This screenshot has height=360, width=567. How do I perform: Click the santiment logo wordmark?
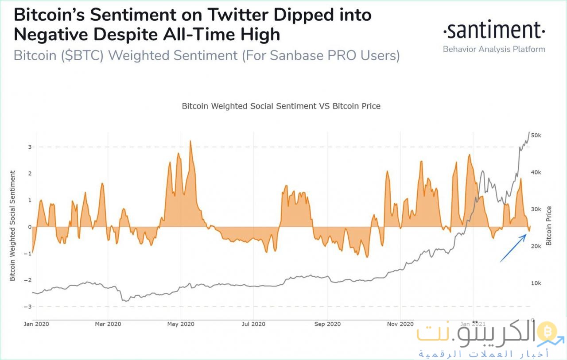pyautogui.click(x=494, y=31)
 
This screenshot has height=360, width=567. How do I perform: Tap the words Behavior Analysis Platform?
pyautogui.click(x=494, y=49)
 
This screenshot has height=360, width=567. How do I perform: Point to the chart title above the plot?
pyautogui.click(x=281, y=106)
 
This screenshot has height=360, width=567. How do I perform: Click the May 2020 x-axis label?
pyautogui.click(x=181, y=324)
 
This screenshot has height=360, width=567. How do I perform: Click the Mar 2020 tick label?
pyautogui.click(x=108, y=324)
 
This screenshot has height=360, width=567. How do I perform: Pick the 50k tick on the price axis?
pyautogui.click(x=536, y=135)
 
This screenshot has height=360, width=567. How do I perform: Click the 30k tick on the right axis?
pyautogui.click(x=536, y=209)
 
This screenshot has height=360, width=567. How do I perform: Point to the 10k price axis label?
pyautogui.click(x=536, y=283)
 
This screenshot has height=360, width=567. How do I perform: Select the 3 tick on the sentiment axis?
pyautogui.click(x=29, y=147)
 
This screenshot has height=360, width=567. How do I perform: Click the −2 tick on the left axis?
pyautogui.click(x=28, y=280)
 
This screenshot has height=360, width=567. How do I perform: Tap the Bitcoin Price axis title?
pyautogui.click(x=549, y=226)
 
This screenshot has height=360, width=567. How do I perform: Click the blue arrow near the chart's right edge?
pyautogui.click(x=513, y=249)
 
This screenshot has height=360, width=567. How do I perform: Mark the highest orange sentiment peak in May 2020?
pyautogui.click(x=190, y=141)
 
